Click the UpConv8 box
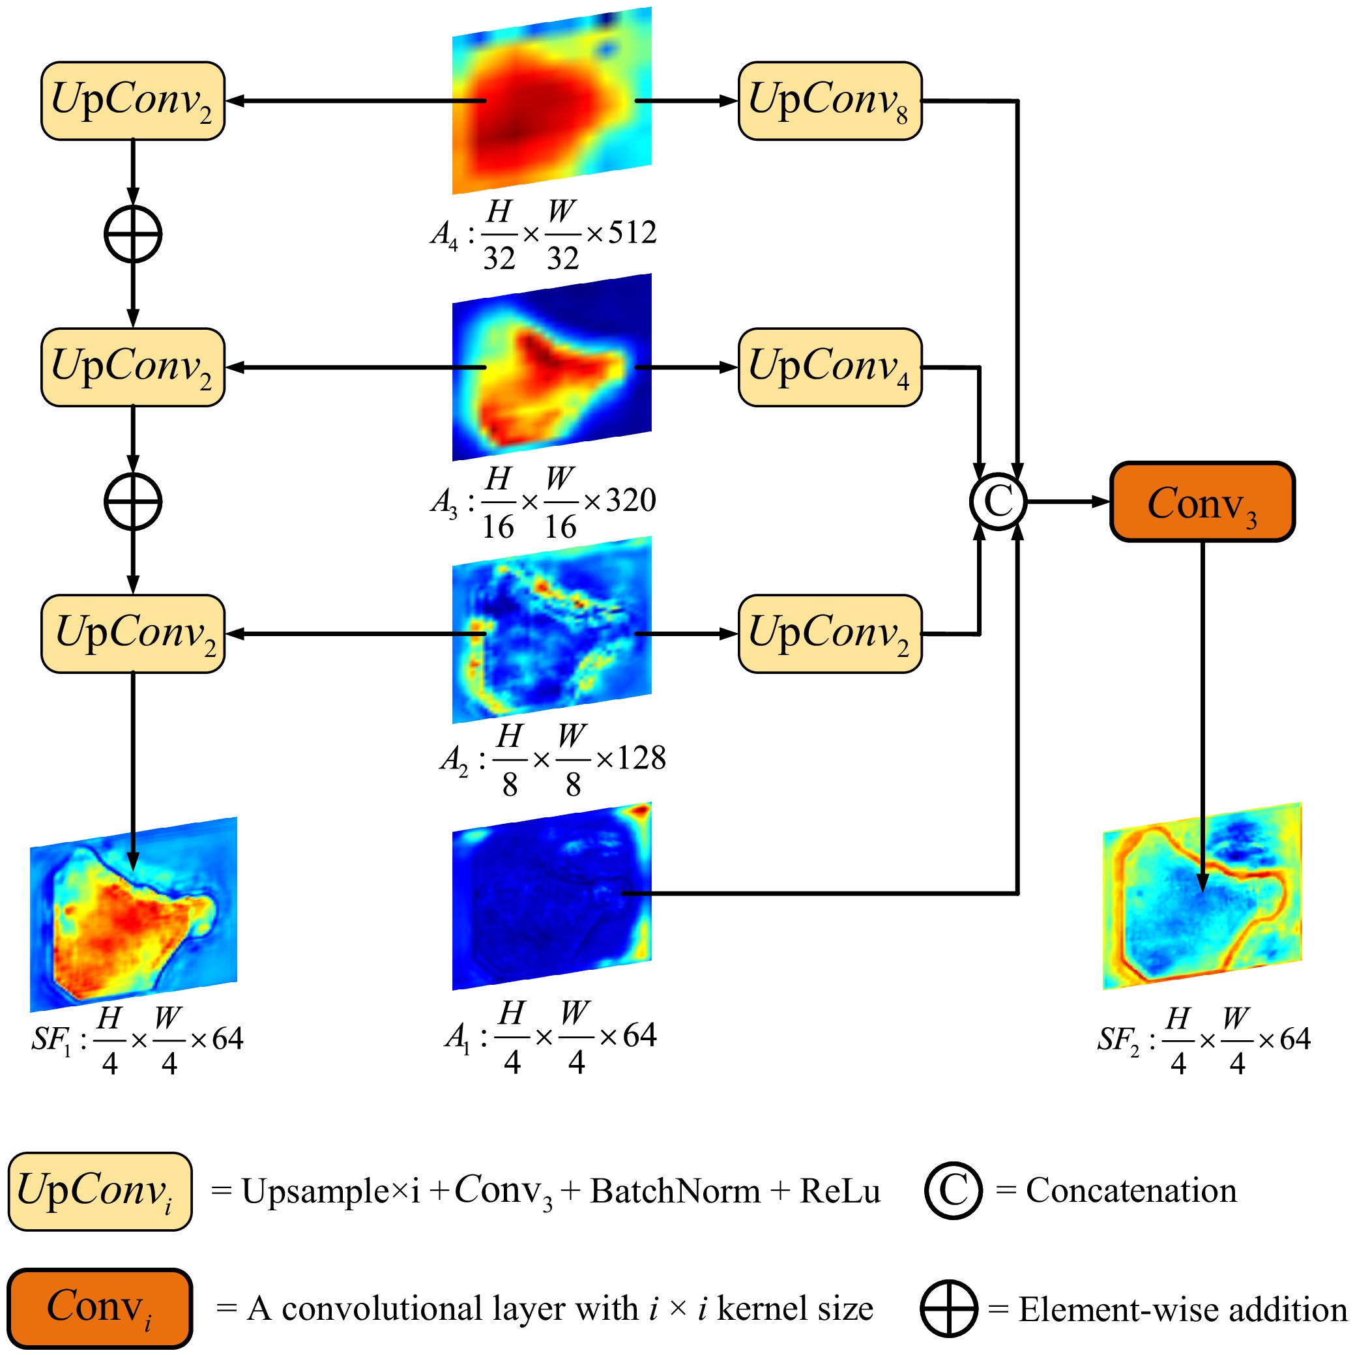tap(830, 101)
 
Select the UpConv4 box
tap(830, 368)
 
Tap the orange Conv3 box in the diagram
tap(1202, 501)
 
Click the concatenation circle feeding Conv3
tap(998, 501)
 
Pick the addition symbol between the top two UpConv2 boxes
tap(132, 234)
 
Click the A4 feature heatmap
tap(552, 100)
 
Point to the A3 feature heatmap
tap(552, 367)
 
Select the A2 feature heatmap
tap(552, 630)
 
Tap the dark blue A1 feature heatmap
tap(552, 896)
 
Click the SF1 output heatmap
tap(133, 914)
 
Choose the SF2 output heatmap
tap(1202, 896)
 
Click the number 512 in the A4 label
tap(632, 233)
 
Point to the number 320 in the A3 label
tap(630, 501)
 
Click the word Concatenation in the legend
tap(1131, 1191)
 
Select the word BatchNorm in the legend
tap(675, 1191)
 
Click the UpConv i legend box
tap(100, 1191)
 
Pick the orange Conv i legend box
tap(100, 1309)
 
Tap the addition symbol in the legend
tap(949, 1309)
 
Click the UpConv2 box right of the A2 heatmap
tap(830, 634)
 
